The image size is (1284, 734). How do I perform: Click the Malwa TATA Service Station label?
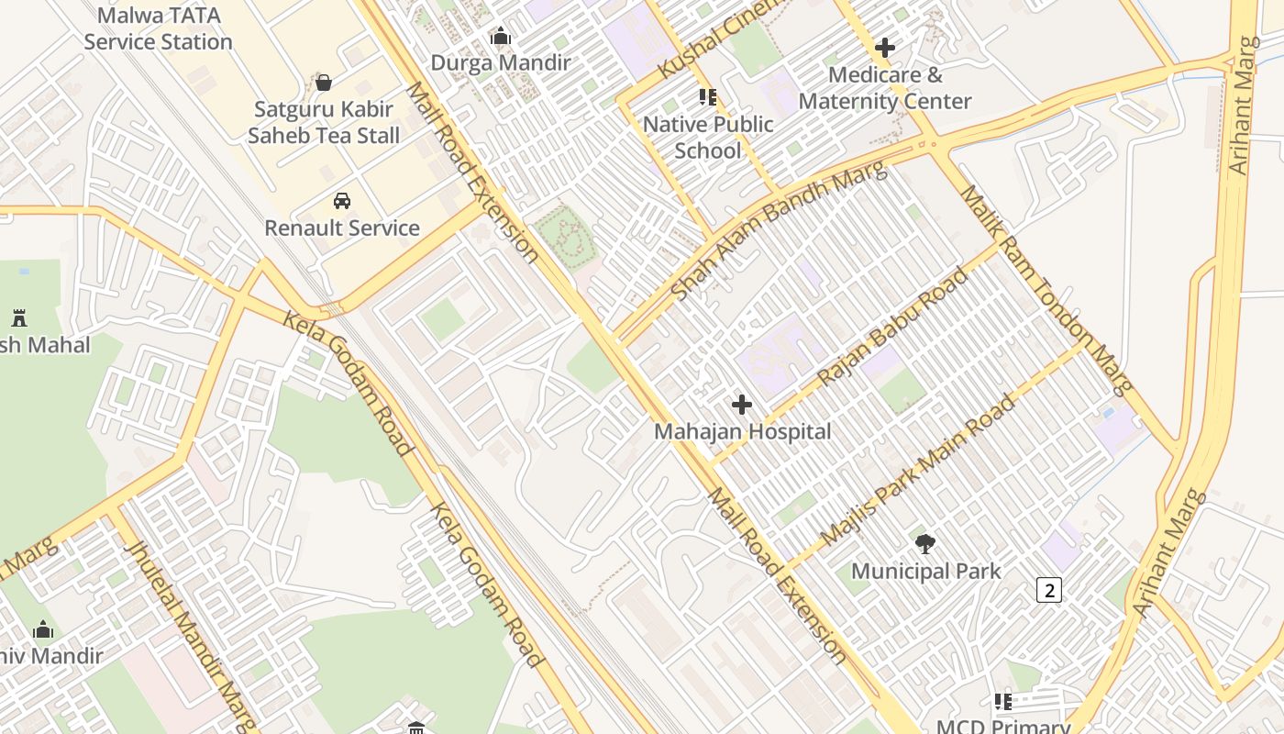[158, 28]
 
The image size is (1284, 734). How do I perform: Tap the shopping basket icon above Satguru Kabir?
[324, 83]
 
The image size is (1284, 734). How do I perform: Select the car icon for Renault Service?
[342, 201]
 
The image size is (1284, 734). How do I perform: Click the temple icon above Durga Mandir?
[501, 37]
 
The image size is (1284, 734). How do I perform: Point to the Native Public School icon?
[707, 96]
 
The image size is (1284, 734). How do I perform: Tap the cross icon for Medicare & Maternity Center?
[885, 47]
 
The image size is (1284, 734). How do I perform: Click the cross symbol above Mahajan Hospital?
[742, 404]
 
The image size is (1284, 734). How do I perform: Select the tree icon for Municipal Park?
[925, 543]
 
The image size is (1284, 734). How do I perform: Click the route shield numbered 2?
[1048, 590]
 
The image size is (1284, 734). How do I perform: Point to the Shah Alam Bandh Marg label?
[779, 230]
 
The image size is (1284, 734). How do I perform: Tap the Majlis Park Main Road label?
[918, 470]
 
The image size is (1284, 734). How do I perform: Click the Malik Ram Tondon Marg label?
[1046, 289]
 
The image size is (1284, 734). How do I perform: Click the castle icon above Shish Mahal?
[19, 318]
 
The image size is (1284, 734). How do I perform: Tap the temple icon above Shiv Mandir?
[43, 629]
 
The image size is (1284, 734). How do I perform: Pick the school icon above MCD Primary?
[1003, 702]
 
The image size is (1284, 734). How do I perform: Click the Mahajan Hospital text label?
[742, 431]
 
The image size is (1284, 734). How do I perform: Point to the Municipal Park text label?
[925, 571]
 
